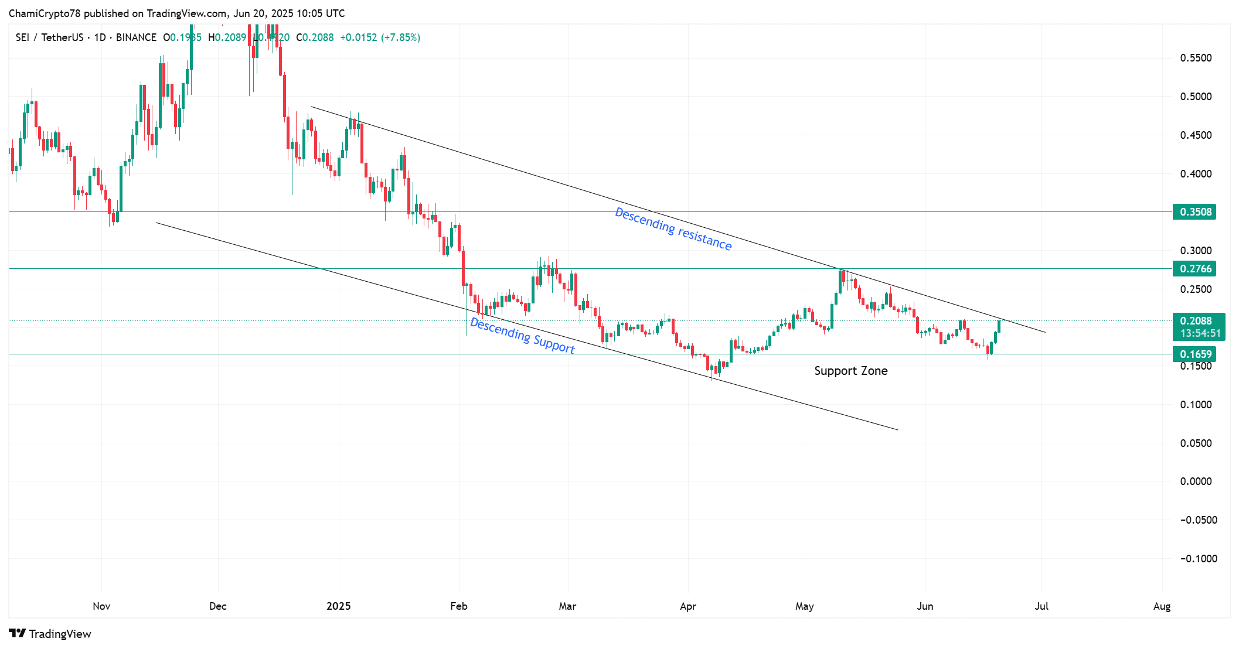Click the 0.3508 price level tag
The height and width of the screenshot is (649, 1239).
[1194, 212]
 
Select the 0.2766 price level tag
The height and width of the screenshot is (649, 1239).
[1194, 269]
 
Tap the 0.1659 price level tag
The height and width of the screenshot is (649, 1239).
[1194, 354]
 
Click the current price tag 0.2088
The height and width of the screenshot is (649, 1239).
[1196, 321]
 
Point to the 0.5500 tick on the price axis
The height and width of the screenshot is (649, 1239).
[1196, 58]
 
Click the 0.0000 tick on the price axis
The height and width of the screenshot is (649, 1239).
[1196, 481]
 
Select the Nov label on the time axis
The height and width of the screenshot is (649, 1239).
[101, 606]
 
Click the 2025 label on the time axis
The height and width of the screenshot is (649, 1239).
[339, 606]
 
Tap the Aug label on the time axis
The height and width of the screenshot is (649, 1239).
[1162, 606]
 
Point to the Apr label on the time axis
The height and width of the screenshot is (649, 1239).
[688, 606]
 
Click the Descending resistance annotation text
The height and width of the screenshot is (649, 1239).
[673, 229]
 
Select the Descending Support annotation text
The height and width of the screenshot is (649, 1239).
[522, 336]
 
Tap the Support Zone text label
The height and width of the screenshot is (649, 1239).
[850, 371]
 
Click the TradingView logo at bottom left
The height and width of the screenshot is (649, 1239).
[50, 634]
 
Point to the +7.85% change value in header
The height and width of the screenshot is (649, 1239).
[401, 37]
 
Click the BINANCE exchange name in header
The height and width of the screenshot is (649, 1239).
[136, 37]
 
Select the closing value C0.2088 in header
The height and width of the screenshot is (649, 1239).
[315, 37]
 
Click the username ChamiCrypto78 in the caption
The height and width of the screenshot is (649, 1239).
[44, 13]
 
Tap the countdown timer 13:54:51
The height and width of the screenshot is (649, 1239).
[1200, 333]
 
